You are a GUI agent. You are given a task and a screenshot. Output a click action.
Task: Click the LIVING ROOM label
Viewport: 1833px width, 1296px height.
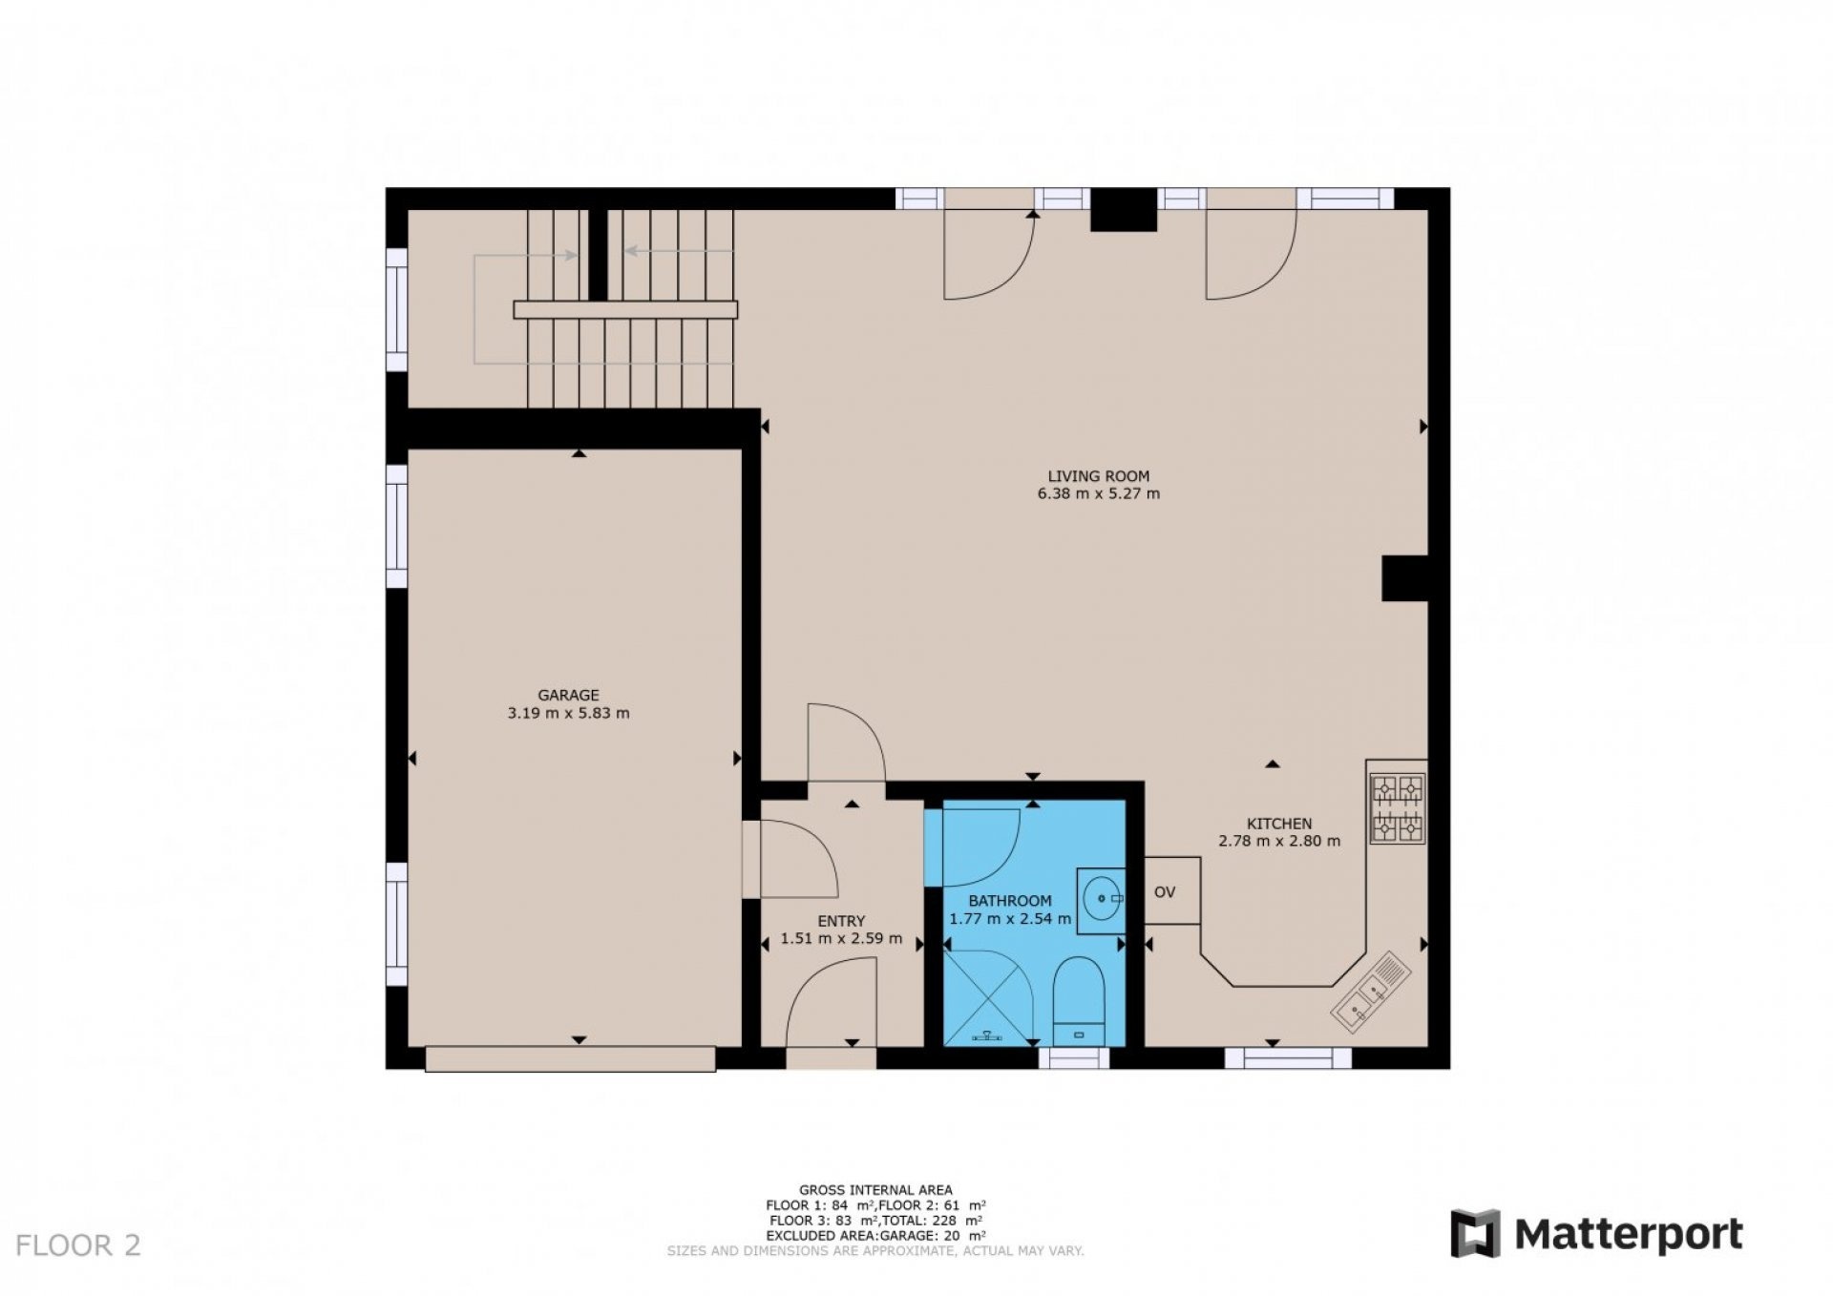[1098, 476]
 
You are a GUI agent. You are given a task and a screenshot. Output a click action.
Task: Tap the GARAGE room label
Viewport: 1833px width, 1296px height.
[568, 696]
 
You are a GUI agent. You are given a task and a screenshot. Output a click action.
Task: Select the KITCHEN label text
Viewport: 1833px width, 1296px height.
[1279, 824]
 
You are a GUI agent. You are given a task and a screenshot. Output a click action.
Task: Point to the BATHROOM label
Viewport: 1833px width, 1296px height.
[1010, 901]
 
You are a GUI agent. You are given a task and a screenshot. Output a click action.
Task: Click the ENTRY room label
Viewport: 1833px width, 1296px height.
[841, 921]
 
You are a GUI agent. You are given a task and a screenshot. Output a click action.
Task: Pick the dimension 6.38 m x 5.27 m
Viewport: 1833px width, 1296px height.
[1098, 494]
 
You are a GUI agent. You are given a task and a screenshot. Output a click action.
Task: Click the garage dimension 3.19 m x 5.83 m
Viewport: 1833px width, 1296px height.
[568, 713]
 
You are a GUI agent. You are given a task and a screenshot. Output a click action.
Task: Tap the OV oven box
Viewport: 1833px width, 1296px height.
[1171, 890]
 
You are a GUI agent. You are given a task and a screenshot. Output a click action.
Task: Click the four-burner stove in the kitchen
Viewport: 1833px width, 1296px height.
[1398, 808]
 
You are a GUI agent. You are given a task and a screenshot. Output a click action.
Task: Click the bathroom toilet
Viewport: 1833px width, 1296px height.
[1079, 1002]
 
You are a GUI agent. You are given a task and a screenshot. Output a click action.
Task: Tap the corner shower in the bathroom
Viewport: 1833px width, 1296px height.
[988, 997]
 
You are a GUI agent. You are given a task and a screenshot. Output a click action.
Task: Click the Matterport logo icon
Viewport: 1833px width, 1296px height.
[1476, 1234]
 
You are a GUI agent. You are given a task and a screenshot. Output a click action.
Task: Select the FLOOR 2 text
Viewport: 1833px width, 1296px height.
[78, 1245]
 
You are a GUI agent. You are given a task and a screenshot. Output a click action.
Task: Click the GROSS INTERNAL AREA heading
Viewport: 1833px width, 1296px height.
[875, 1190]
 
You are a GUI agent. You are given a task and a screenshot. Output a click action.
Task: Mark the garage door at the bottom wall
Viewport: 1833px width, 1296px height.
[570, 1058]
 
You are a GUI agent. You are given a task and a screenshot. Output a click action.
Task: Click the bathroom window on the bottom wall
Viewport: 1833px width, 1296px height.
[1074, 1057]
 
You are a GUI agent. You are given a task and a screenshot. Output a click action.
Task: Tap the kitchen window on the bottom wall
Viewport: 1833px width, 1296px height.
[1289, 1057]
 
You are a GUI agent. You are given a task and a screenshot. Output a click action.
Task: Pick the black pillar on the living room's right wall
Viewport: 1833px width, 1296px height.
[1405, 578]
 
